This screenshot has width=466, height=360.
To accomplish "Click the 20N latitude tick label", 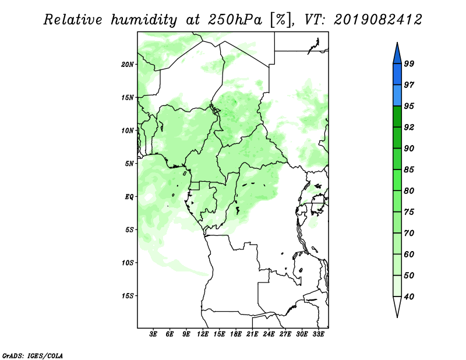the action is click(x=128, y=65).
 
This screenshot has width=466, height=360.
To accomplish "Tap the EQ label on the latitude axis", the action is click(x=129, y=197).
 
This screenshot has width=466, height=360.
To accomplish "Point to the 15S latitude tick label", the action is click(x=128, y=296).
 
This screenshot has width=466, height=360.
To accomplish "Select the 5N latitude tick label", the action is click(x=129, y=164).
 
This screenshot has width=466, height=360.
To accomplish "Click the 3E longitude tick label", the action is click(x=153, y=334).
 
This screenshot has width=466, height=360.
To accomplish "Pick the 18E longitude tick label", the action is click(x=236, y=334).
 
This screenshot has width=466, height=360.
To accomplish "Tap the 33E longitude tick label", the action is click(x=318, y=334).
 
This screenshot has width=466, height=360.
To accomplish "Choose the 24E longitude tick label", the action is click(x=269, y=334).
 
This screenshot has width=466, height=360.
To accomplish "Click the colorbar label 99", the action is click(x=409, y=63).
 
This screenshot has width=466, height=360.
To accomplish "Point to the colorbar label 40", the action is click(x=409, y=297).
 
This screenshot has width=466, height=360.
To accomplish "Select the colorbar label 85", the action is click(x=409, y=170).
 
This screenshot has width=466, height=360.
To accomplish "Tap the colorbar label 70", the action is click(x=409, y=233).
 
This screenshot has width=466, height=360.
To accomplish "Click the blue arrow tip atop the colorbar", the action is click(x=397, y=43).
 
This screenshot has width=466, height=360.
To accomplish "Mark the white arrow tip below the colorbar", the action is click(x=397, y=317).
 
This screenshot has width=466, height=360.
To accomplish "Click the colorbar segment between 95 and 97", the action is click(x=397, y=96).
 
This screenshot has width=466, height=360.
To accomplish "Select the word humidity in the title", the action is click(x=143, y=20).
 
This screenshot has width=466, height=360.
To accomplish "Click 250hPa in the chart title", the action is click(x=235, y=20).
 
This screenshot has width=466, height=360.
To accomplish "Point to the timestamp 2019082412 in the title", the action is click(x=377, y=20).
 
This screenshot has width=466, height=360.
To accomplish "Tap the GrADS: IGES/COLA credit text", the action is click(x=33, y=355).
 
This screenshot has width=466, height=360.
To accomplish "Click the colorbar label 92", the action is click(x=409, y=127).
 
